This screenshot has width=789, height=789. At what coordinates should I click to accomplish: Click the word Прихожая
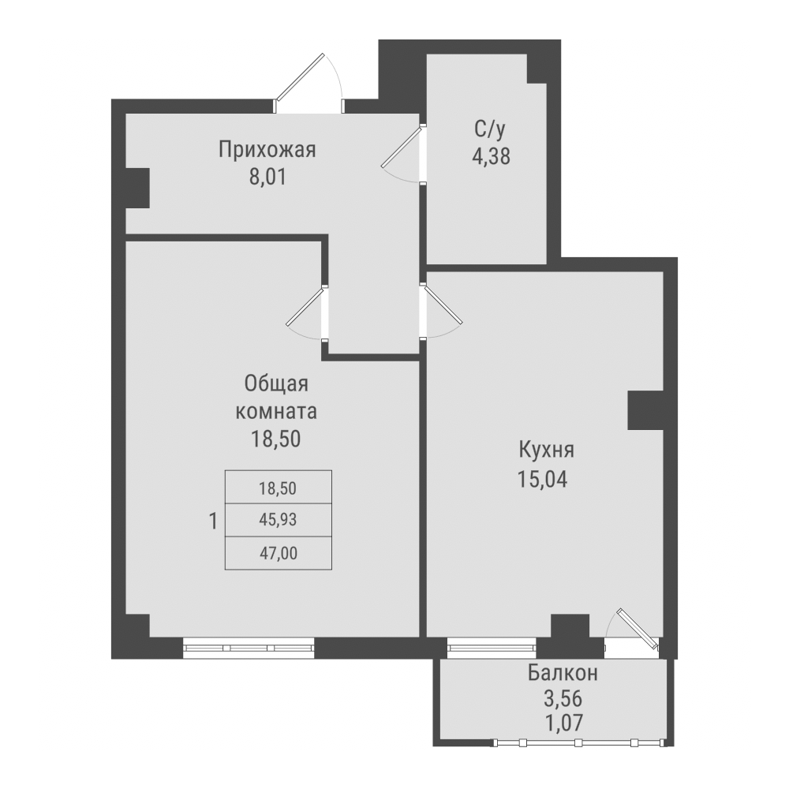267,149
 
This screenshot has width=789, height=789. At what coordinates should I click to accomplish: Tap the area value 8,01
267,176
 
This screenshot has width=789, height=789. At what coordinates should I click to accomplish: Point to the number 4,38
491,155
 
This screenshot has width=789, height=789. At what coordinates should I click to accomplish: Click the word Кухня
546,451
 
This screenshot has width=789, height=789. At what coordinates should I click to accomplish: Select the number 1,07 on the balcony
563,720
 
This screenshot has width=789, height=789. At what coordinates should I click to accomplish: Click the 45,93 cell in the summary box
279,519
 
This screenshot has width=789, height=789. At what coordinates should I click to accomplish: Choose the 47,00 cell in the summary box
279,553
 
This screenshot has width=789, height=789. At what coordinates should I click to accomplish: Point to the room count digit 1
212,521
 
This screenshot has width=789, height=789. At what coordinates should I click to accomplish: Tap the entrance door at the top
310,82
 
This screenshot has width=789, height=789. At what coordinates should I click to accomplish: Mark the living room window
249,647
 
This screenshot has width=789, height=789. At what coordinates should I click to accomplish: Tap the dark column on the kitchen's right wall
646,410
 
